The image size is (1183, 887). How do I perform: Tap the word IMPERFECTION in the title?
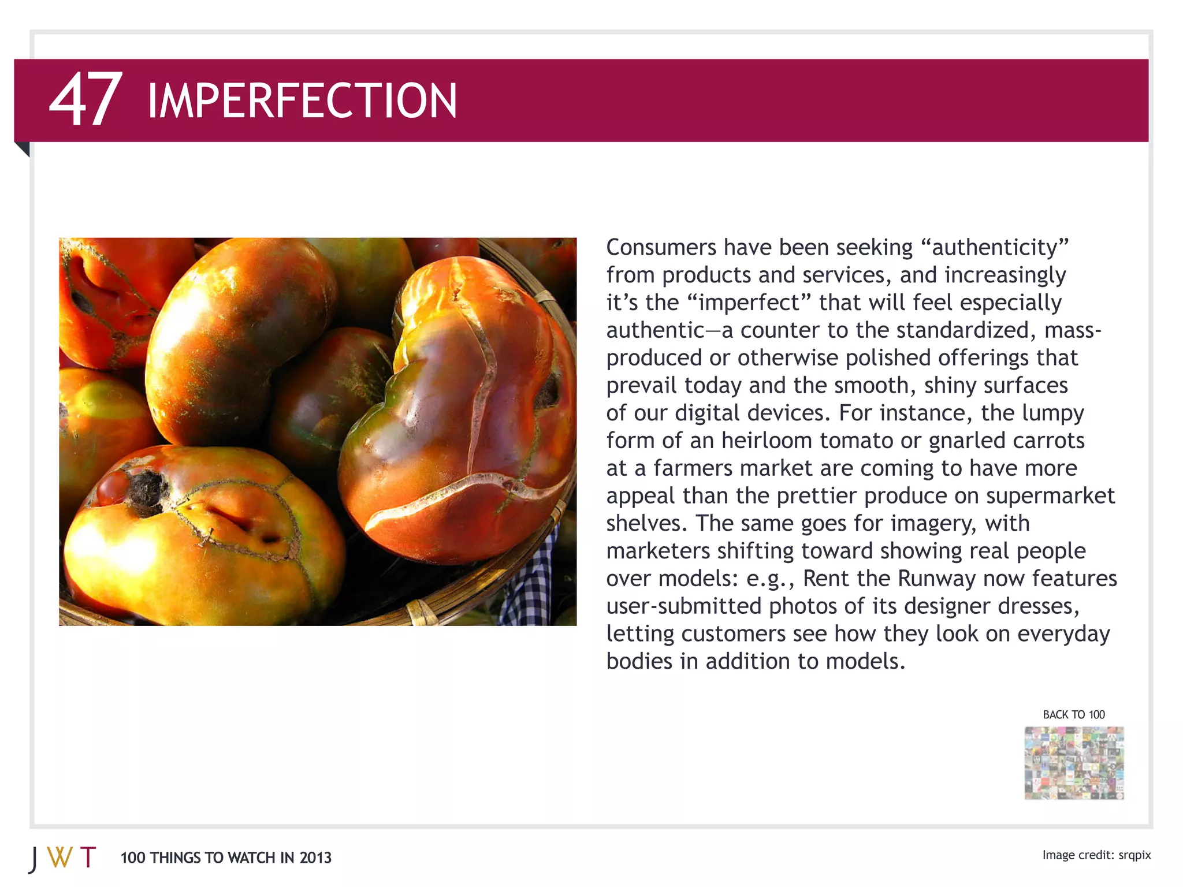[x=302, y=101]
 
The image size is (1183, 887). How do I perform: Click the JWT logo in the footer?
[x=62, y=858]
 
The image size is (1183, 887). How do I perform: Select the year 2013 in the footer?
[x=315, y=858]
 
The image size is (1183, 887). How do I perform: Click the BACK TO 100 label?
[x=1073, y=715]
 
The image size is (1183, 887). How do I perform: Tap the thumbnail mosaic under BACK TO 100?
[x=1074, y=763]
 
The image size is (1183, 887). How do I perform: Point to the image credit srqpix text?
[x=1134, y=855]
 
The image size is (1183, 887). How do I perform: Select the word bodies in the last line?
[x=639, y=661]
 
